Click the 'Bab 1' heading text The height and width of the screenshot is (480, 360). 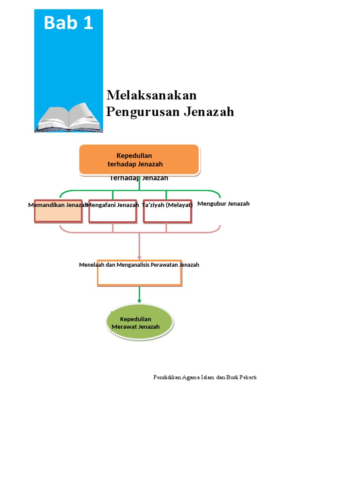point(68,22)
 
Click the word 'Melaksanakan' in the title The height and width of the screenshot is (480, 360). point(151,95)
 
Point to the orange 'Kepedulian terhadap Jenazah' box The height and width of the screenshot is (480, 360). point(139,159)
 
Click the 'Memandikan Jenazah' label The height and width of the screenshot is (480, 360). point(58,205)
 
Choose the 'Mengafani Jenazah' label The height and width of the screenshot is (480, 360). point(113,205)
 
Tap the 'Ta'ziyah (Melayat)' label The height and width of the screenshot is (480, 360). point(167,205)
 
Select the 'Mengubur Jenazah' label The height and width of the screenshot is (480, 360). point(224,203)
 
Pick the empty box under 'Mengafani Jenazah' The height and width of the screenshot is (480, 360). point(112,215)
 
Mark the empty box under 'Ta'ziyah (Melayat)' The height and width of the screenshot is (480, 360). point(167,215)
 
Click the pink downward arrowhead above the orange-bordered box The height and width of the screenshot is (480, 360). point(139,256)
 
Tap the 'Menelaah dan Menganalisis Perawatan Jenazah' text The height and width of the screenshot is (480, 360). point(139,265)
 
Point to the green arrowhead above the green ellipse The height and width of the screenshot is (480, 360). point(139,300)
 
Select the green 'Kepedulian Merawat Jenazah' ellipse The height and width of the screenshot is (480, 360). point(140,322)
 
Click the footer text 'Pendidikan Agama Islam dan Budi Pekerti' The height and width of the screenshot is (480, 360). point(205,377)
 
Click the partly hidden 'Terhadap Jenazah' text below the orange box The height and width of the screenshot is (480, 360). point(139,178)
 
